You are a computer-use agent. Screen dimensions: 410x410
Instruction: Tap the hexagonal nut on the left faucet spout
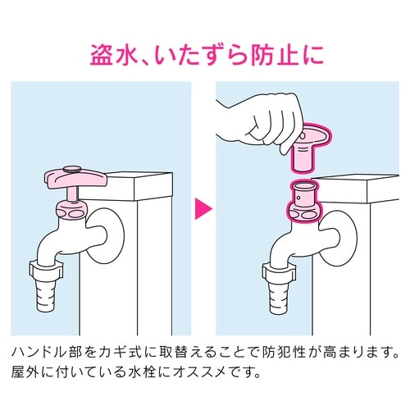click(45, 271)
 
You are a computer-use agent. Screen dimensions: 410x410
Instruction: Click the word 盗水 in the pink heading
click(114, 56)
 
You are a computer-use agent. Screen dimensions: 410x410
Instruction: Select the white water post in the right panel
click(361, 262)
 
